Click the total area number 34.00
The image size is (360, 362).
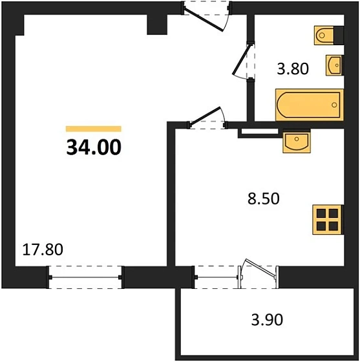point(93,148)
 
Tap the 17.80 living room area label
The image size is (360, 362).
point(43,249)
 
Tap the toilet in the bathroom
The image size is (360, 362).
point(326,34)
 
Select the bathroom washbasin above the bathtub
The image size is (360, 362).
point(335,65)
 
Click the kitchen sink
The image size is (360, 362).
point(297,141)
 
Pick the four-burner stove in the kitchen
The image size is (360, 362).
point(327,218)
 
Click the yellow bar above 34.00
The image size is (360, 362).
point(93,129)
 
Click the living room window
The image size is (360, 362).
point(85,276)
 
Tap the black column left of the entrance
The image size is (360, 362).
point(157,23)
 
